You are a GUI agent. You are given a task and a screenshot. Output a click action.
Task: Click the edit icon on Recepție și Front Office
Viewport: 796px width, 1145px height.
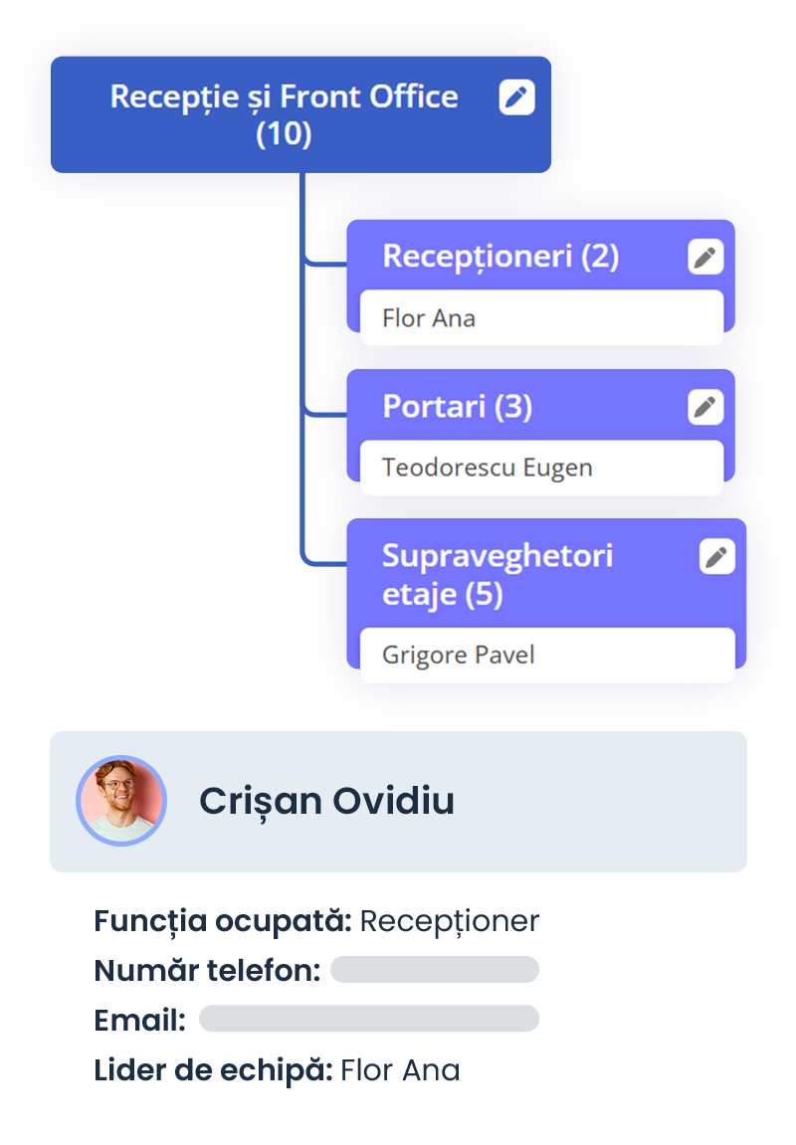516,97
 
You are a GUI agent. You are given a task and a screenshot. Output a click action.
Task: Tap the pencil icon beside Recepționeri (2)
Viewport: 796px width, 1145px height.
705,257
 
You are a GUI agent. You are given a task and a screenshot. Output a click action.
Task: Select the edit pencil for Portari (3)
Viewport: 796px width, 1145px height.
705,407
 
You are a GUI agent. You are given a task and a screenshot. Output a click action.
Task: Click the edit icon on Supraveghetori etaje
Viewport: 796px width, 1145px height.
717,556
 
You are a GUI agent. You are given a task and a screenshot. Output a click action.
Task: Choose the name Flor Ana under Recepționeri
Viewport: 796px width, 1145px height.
429,318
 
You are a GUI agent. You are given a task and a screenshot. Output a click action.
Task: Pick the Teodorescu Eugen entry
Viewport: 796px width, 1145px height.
488,469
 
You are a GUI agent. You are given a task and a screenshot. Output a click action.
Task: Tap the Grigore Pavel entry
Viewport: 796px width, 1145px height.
459,655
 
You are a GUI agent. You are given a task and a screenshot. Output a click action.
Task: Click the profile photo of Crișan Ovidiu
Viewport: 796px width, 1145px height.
121,801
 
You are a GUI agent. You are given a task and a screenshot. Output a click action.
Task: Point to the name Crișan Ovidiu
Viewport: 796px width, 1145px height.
326,801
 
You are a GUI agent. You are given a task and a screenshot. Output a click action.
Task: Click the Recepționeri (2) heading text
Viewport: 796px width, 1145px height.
500,257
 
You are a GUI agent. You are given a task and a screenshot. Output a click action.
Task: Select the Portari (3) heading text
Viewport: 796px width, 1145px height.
457,407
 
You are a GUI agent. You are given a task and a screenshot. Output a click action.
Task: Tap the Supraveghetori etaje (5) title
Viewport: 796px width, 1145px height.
497,575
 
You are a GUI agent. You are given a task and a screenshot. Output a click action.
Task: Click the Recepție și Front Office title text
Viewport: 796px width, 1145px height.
285,115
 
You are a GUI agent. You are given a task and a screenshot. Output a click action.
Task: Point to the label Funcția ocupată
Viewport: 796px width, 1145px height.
223,921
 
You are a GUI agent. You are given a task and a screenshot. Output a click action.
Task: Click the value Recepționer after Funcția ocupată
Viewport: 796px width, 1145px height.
449,921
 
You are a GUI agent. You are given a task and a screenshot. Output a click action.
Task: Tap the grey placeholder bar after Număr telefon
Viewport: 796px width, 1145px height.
435,970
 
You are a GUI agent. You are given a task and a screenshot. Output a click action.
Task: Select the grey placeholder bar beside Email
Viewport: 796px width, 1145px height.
369,1019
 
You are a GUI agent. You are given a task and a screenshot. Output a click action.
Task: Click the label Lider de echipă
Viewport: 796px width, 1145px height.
213,1070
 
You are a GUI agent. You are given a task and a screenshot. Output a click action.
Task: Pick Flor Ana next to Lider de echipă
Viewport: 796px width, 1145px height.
400,1070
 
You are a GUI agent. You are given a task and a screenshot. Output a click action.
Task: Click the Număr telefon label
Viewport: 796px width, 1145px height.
207,971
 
